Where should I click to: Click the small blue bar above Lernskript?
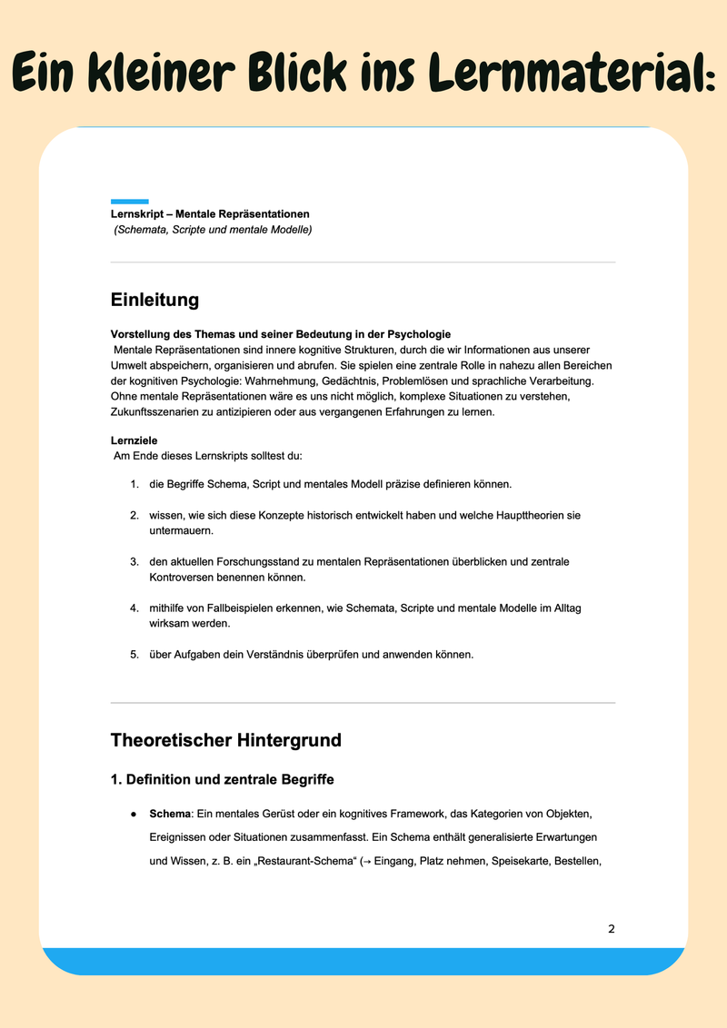129,202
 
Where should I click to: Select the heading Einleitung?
154,300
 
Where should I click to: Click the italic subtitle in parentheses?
213,231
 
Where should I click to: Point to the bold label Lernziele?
134,440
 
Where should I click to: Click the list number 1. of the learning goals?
134,484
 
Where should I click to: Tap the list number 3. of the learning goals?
134,562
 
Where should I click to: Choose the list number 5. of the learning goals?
134,654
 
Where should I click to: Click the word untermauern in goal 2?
181,530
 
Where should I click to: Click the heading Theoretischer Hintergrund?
225,740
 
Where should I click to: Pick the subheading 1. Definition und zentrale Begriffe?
222,779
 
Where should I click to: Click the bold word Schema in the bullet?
170,814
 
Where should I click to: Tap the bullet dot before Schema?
134,814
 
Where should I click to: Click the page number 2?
612,929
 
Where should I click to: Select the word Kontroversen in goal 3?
182,577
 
